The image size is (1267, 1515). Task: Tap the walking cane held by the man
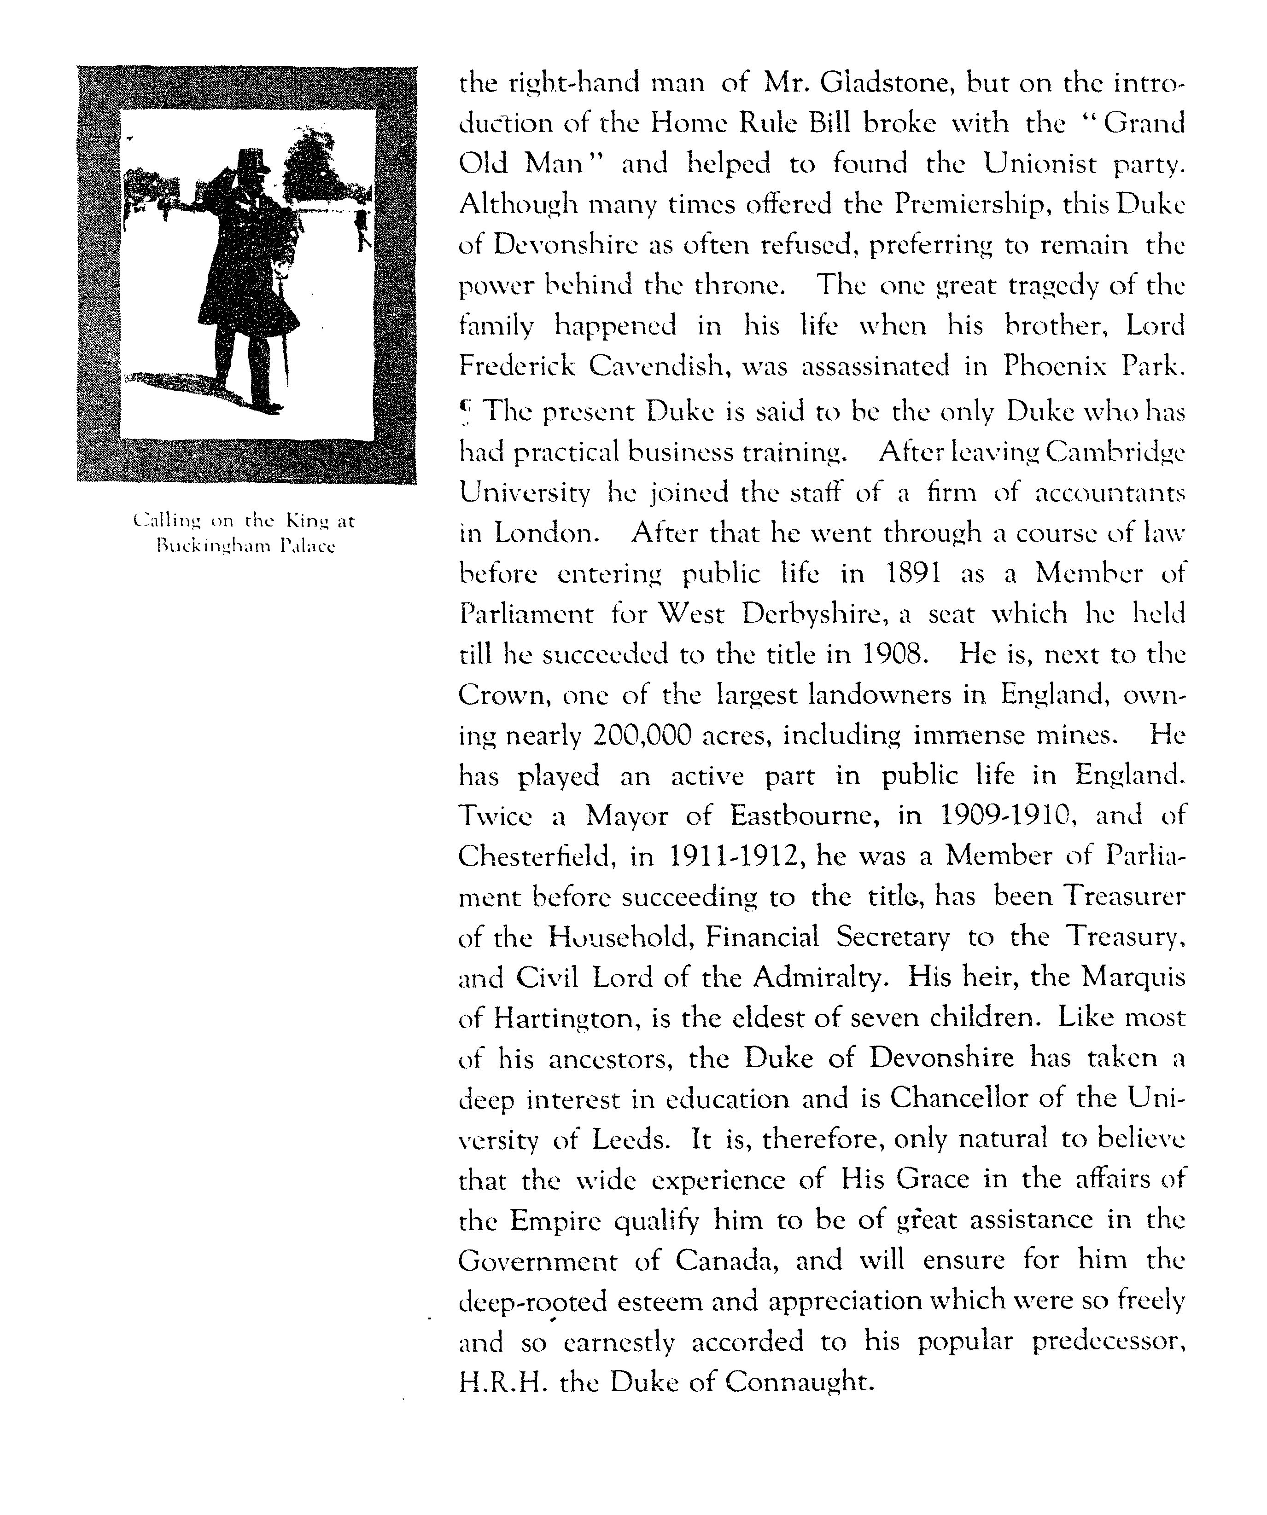click(x=286, y=361)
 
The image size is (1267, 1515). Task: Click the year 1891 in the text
click(x=912, y=573)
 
